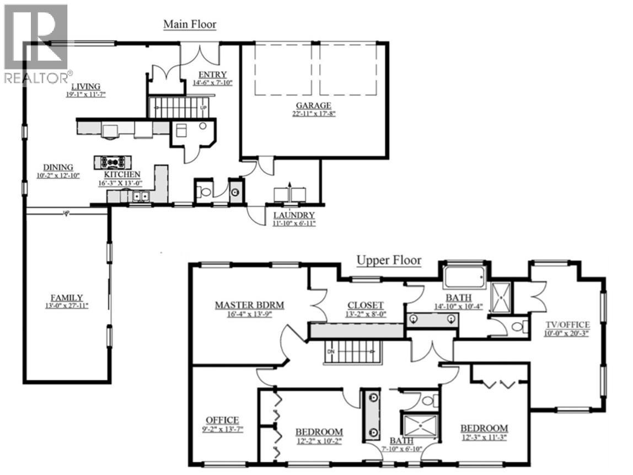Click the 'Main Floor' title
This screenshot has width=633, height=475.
pyautogui.click(x=190, y=25)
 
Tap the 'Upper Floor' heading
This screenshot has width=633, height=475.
pyautogui.click(x=389, y=260)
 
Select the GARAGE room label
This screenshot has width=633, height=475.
pyautogui.click(x=313, y=105)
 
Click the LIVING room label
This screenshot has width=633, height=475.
pyautogui.click(x=85, y=87)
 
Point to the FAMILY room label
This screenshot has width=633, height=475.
pyautogui.click(x=67, y=297)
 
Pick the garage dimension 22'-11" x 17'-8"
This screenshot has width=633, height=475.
pyautogui.click(x=313, y=114)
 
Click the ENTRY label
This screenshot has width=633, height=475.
pyautogui.click(x=213, y=75)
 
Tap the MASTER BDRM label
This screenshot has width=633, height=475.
pyautogui.click(x=250, y=305)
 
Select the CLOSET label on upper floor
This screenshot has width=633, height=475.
pyautogui.click(x=365, y=306)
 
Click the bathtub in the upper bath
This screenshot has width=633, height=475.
pyautogui.click(x=464, y=276)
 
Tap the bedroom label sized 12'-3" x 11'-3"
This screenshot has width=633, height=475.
pyautogui.click(x=484, y=429)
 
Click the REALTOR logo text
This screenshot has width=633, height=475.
pyautogui.click(x=37, y=78)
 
